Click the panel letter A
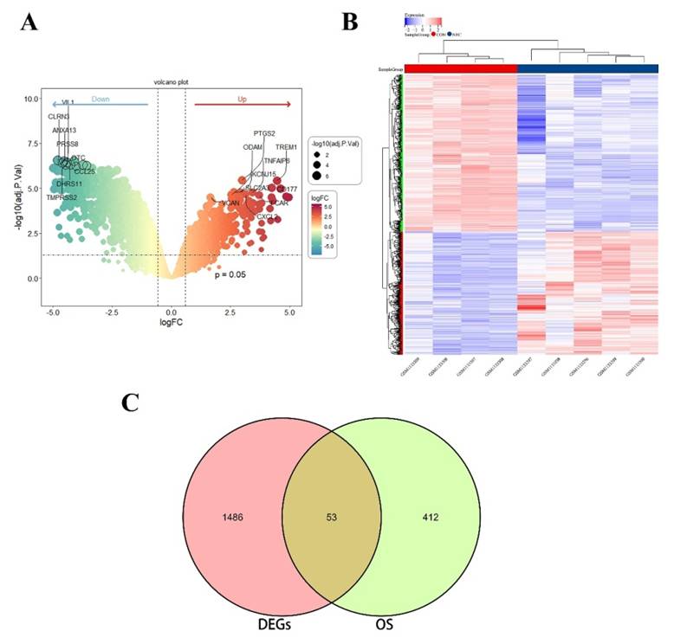coord(29,23)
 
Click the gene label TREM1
coord(286,148)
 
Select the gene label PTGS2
coord(264,134)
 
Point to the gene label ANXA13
coord(63,131)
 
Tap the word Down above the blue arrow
coord(100,100)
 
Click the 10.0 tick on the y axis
coord(31,99)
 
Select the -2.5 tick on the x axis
coord(112,311)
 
